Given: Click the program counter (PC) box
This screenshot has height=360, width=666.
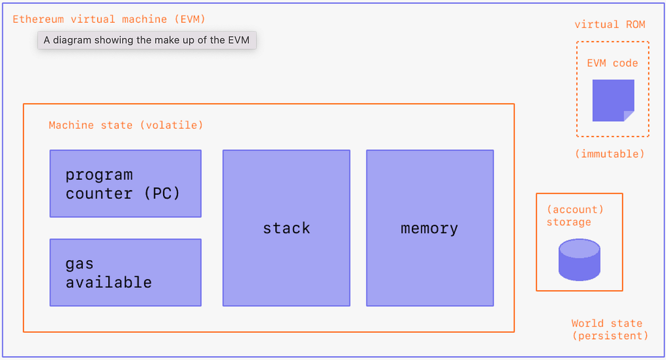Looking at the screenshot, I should pyautogui.click(x=125, y=184).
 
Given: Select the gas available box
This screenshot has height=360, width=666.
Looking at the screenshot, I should pyautogui.click(x=125, y=272).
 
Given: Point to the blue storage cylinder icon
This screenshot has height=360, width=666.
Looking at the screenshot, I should pyautogui.click(x=579, y=260).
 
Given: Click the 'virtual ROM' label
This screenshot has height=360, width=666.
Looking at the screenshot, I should pyautogui.click(x=609, y=25).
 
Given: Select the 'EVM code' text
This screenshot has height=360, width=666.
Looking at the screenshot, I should pyautogui.click(x=612, y=63).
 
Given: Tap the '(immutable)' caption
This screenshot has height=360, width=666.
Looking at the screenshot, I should pyautogui.click(x=609, y=154).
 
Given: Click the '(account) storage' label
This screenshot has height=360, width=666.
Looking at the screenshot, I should pyautogui.click(x=574, y=216).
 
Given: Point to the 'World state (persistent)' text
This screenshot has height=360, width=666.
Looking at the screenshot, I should pyautogui.click(x=609, y=329).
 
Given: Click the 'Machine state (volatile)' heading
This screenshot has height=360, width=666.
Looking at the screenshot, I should pyautogui.click(x=126, y=125).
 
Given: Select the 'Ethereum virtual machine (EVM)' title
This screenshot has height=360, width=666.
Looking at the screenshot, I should pyautogui.click(x=109, y=19).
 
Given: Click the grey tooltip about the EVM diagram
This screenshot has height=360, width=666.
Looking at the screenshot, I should pyautogui.click(x=147, y=40).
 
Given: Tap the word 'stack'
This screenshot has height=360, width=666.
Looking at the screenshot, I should pyautogui.click(x=286, y=228).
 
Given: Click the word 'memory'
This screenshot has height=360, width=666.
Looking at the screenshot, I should pyautogui.click(x=429, y=228).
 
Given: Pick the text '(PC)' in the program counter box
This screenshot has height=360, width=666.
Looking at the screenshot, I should pyautogui.click(x=162, y=194).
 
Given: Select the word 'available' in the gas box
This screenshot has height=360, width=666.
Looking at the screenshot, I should pyautogui.click(x=109, y=282).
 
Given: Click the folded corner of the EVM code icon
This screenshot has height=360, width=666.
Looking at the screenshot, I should pyautogui.click(x=629, y=115).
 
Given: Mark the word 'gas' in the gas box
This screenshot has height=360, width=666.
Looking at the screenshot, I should pyautogui.click(x=79, y=264).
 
